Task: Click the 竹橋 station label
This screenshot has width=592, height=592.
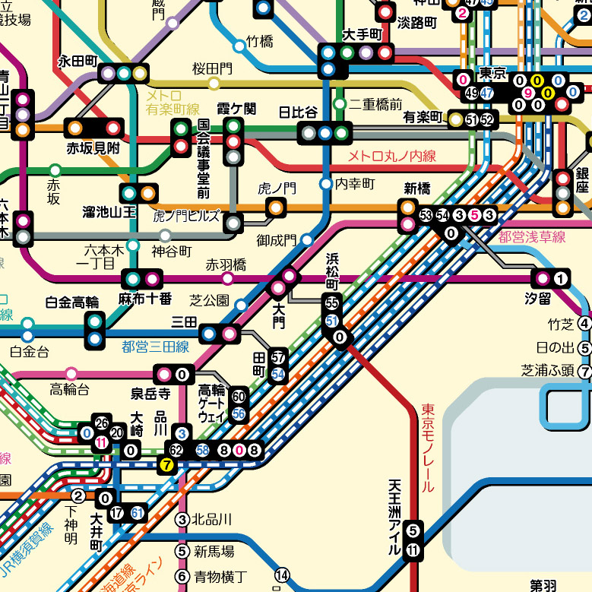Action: [x=259, y=43]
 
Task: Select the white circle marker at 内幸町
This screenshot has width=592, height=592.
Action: [x=326, y=184]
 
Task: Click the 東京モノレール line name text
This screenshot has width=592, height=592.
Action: [x=427, y=448]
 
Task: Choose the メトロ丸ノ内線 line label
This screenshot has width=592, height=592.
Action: [x=391, y=157]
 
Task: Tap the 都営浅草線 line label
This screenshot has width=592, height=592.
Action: [x=532, y=236]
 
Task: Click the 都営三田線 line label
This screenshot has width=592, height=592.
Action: [x=155, y=347]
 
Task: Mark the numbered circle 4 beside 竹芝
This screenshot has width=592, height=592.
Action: [x=584, y=324]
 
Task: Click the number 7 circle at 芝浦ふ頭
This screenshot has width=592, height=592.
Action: [x=584, y=372]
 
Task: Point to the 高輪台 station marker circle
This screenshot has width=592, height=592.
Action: [x=71, y=373]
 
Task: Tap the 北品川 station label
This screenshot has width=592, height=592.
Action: [x=212, y=520]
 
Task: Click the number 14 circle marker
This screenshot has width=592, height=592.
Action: [x=282, y=575]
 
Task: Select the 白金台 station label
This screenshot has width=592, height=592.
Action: [x=29, y=352]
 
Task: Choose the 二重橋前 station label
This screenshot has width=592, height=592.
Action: [x=376, y=104]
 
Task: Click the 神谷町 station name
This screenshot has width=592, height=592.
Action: [x=172, y=250]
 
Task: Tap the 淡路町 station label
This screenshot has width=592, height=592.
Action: [x=417, y=23]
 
